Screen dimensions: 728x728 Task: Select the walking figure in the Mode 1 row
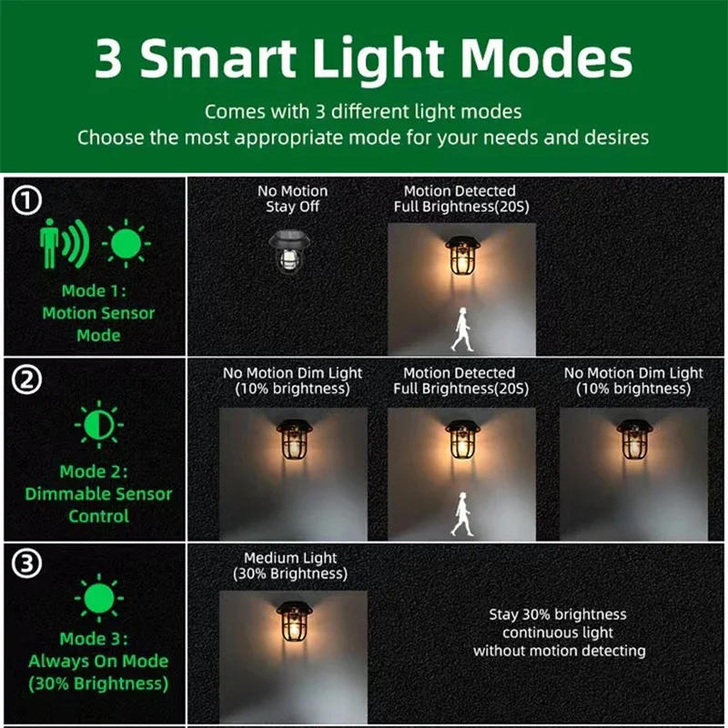click(462, 329)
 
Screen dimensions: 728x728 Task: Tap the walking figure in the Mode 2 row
click(462, 515)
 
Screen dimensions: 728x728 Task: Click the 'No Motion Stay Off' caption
click(292, 198)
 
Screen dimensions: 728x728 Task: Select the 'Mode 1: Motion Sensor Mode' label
click(98, 313)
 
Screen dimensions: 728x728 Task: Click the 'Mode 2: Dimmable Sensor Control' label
click(98, 494)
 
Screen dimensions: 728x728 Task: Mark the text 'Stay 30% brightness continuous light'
click(559, 623)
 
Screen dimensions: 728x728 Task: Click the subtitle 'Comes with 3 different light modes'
click(363, 112)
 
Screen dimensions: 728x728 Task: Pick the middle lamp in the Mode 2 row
click(461, 443)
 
